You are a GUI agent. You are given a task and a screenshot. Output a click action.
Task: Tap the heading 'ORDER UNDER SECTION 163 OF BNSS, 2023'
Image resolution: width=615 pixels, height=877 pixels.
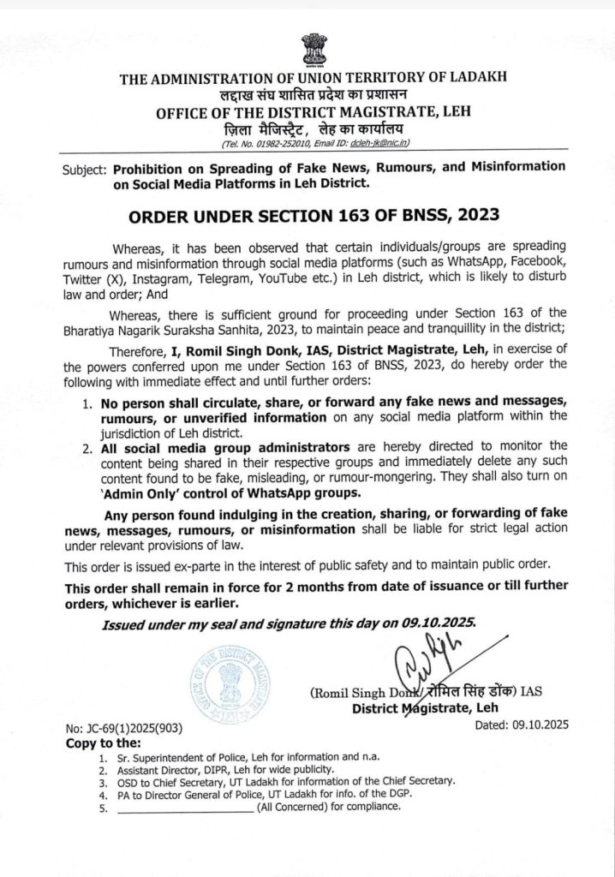307,213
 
